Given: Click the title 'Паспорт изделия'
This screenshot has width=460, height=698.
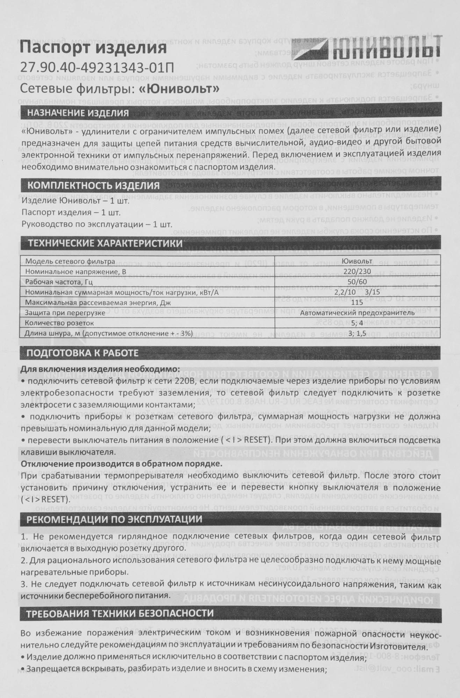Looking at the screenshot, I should point(93,47).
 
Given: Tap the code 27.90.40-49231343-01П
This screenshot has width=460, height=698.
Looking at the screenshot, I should point(97,67).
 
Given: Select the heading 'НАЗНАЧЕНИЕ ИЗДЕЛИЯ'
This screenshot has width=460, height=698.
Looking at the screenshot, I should point(78,113).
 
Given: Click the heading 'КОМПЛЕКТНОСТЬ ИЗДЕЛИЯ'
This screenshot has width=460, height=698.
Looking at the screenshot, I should point(93,185).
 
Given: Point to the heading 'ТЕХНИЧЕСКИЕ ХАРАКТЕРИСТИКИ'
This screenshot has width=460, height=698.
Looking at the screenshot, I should point(105,243).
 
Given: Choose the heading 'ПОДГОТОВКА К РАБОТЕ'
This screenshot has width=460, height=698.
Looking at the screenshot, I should point(83,353).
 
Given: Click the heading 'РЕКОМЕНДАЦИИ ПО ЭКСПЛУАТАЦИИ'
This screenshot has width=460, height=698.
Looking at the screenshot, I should point(115,519).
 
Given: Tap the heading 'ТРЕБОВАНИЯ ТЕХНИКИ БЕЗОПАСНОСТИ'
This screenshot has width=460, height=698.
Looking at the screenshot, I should point(120,613).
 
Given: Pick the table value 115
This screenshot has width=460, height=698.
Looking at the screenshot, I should point(357,302).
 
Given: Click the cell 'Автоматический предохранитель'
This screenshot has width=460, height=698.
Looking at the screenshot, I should point(357,313).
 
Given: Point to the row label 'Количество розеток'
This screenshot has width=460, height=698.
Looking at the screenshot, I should point(60,323).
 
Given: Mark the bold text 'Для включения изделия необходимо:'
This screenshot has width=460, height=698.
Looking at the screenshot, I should point(100,369).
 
